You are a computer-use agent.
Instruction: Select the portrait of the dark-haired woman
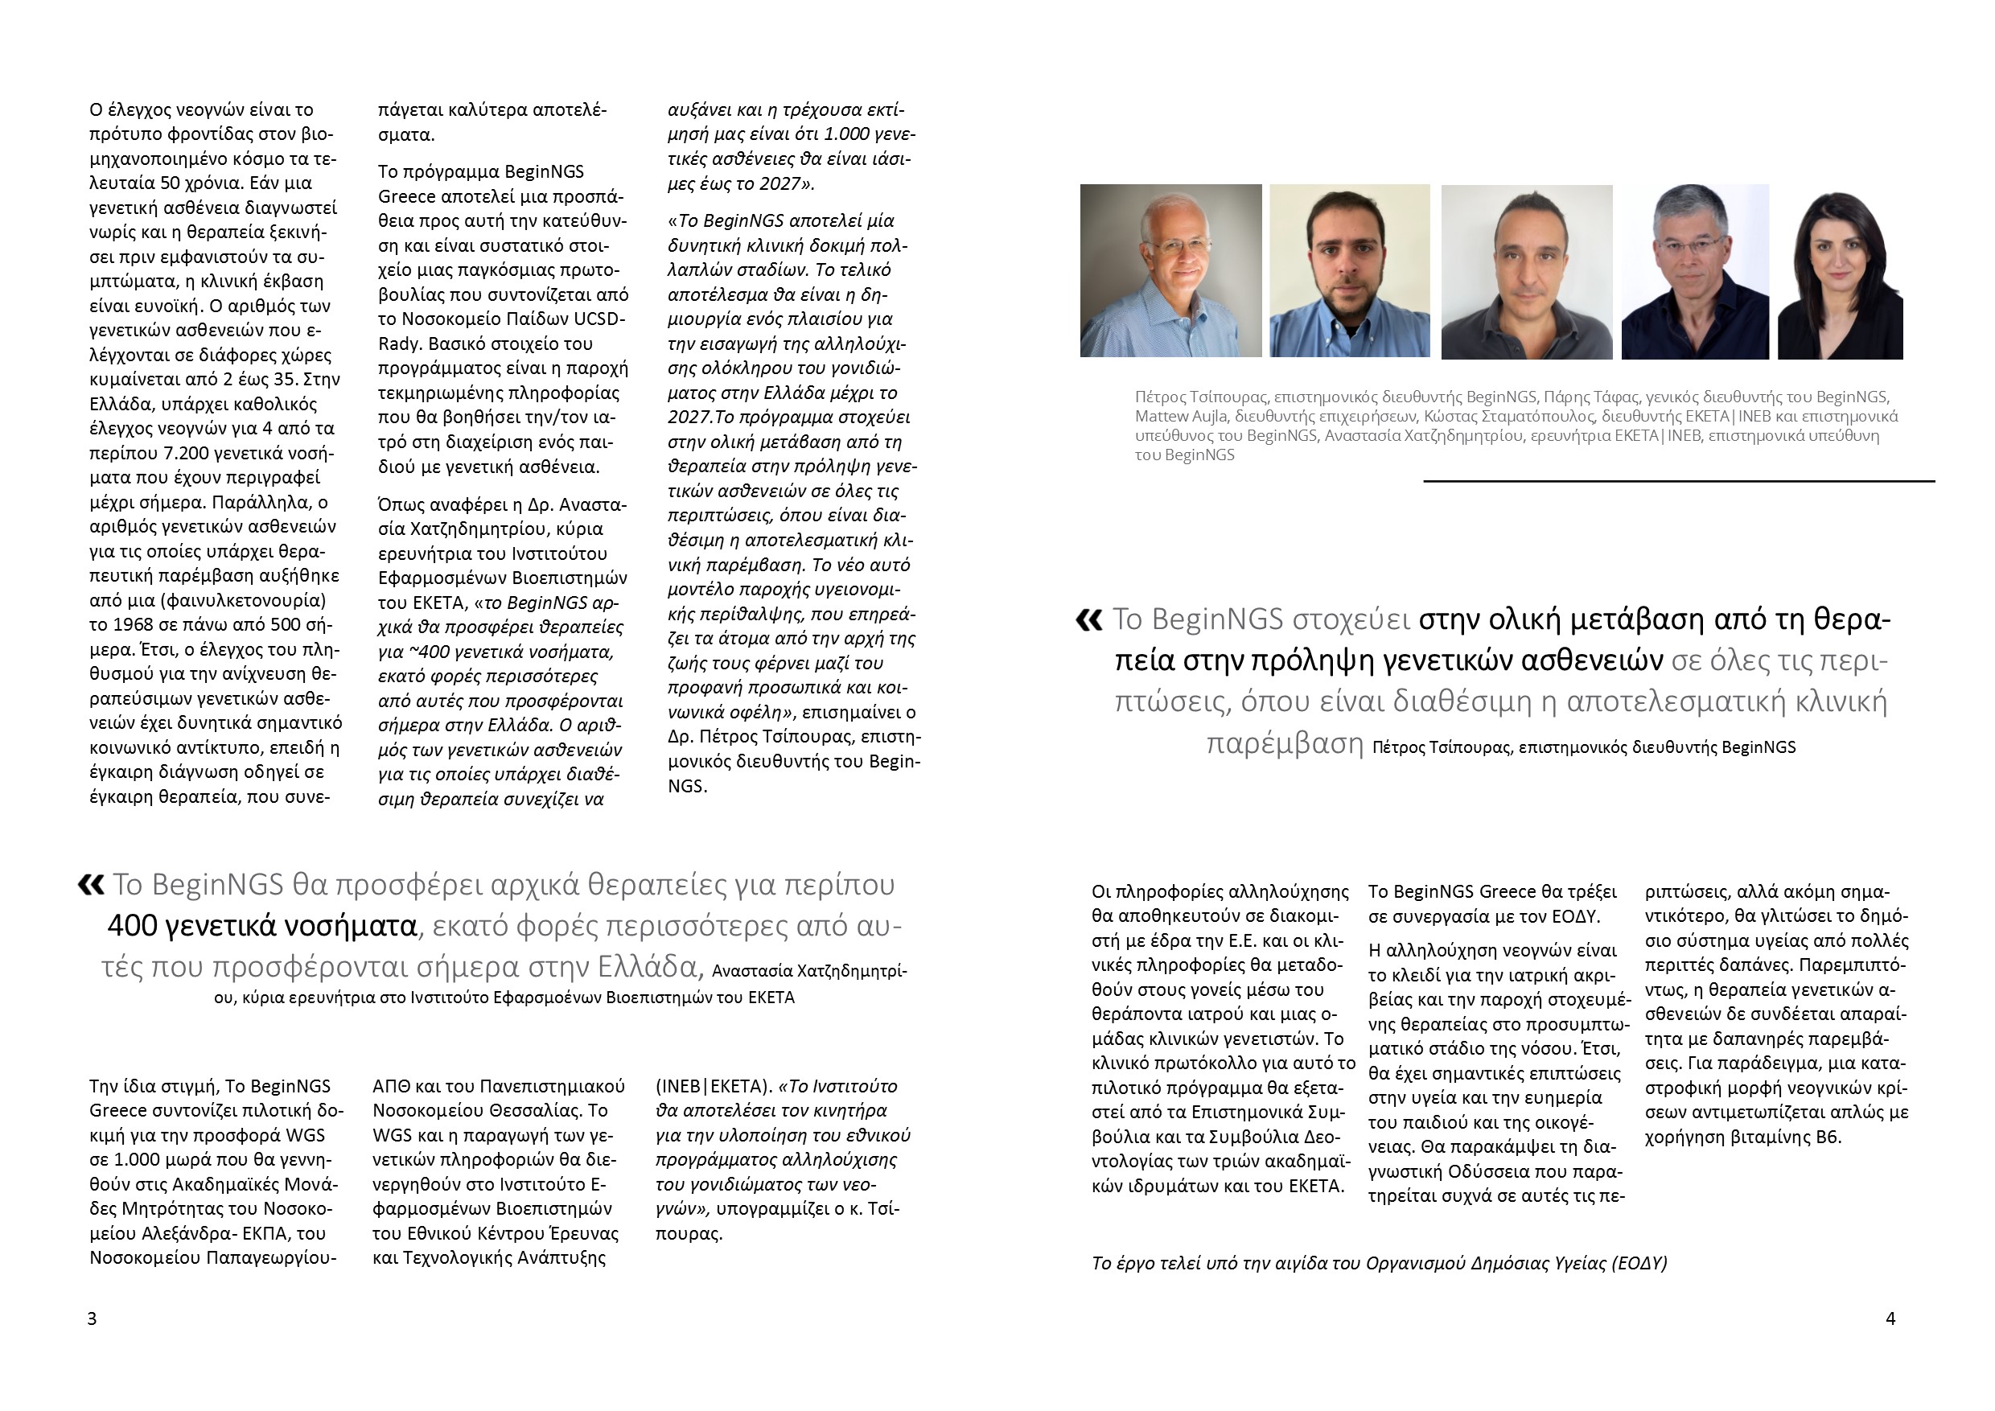coord(1840,274)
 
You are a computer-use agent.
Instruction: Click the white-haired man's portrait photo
coord(1170,270)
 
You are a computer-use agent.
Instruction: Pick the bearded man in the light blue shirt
coord(1349,271)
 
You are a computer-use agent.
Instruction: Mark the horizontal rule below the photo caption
coord(1679,480)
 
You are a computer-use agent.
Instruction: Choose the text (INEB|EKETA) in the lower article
coord(714,1086)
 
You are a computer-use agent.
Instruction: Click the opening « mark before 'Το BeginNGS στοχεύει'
coord(1088,619)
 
